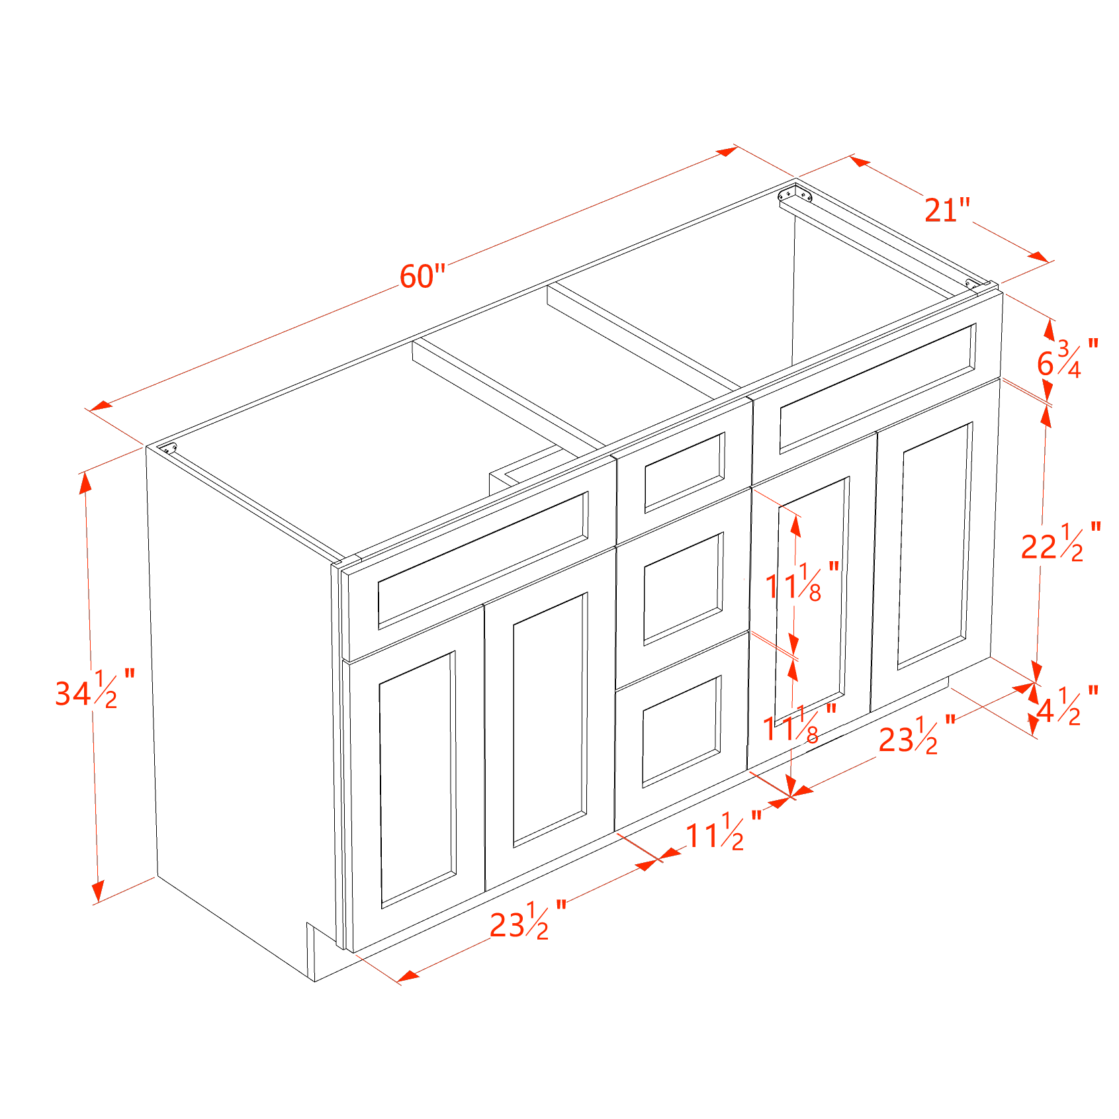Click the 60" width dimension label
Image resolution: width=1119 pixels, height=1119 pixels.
click(x=422, y=276)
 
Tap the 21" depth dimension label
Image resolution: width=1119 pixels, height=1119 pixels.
click(x=947, y=210)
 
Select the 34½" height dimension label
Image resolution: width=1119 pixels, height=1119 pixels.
click(x=95, y=690)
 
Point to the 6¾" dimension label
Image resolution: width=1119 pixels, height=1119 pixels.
click(x=1067, y=359)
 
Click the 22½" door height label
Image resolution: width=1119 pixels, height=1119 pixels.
click(x=1061, y=543)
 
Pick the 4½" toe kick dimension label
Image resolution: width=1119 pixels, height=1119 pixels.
click(x=1067, y=706)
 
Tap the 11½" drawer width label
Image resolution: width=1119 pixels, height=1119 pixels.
click(x=723, y=832)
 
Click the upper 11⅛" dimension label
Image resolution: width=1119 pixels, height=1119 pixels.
click(x=802, y=582)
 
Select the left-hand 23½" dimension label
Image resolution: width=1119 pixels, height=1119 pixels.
click(x=528, y=920)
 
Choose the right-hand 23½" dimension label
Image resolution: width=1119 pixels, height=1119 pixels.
click(x=917, y=735)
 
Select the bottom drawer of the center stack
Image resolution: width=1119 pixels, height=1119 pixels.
click(x=682, y=731)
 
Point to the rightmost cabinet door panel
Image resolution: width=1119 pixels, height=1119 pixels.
click(x=935, y=545)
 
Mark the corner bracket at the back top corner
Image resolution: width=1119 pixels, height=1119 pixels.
click(x=795, y=195)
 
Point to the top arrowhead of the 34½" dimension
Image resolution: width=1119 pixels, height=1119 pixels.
click(x=85, y=484)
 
